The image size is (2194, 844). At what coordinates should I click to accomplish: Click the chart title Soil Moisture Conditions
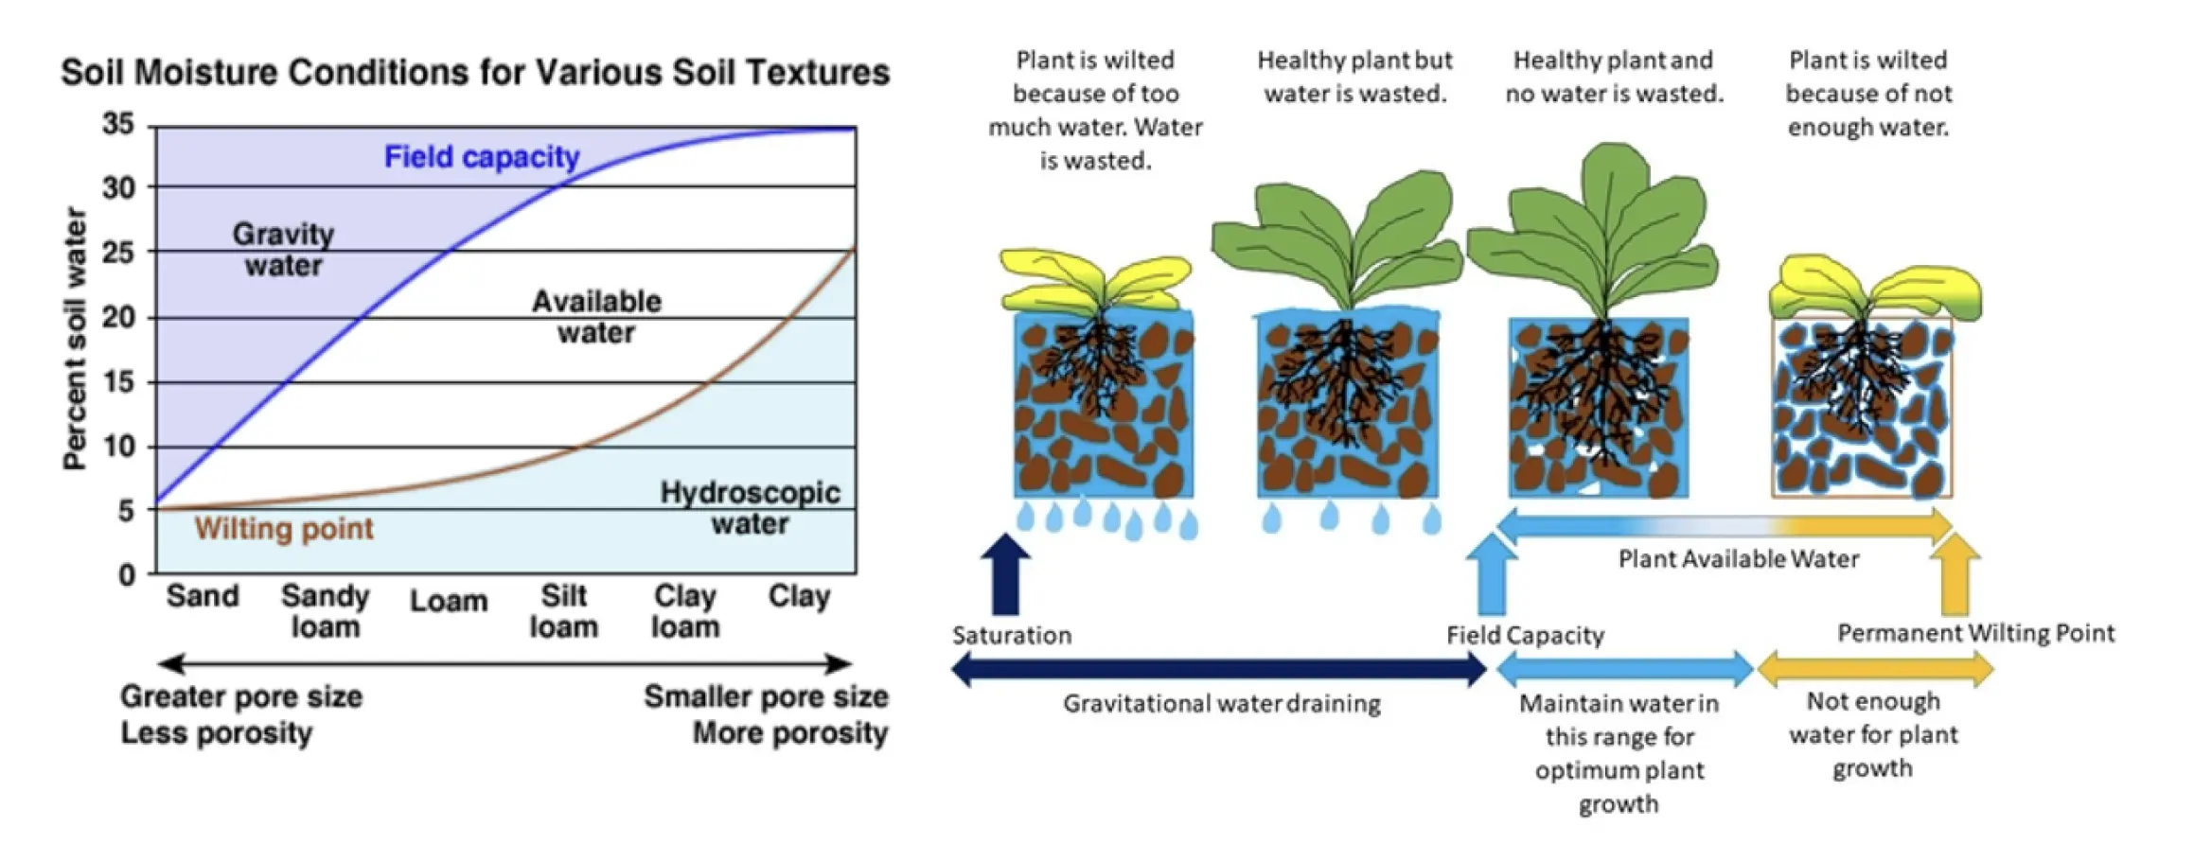[x=475, y=73]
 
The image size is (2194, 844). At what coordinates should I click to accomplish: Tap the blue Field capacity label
[x=482, y=156]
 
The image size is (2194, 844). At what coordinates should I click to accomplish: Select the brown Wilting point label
[x=284, y=528]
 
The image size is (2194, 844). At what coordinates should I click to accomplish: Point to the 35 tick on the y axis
[x=118, y=124]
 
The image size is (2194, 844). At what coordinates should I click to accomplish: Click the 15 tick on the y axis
[x=118, y=381]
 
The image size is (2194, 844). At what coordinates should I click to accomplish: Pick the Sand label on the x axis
[x=203, y=596]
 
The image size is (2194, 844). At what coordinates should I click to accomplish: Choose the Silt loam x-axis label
[x=564, y=611]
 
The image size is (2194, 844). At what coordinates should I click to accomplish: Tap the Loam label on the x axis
[x=449, y=601]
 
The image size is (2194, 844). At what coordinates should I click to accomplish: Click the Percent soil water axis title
[x=75, y=339]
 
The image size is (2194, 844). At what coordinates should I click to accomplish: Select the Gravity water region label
[x=283, y=250]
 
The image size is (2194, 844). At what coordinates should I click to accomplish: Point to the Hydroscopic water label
[x=750, y=508]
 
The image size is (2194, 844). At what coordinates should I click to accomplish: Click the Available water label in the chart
[x=596, y=317]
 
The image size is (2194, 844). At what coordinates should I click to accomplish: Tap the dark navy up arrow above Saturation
[x=1005, y=574]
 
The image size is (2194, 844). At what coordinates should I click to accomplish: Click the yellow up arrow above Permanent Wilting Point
[x=1955, y=574]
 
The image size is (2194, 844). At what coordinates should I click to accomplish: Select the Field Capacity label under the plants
[x=1525, y=635]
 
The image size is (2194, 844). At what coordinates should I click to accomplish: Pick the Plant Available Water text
[x=1739, y=559]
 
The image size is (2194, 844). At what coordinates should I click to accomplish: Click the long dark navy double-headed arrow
[x=1219, y=670]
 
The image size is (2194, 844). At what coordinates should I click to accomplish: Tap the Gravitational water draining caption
[x=1222, y=704]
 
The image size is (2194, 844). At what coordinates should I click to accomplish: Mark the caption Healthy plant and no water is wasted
[x=1614, y=77]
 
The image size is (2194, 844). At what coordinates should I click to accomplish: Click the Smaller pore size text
[x=766, y=697]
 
